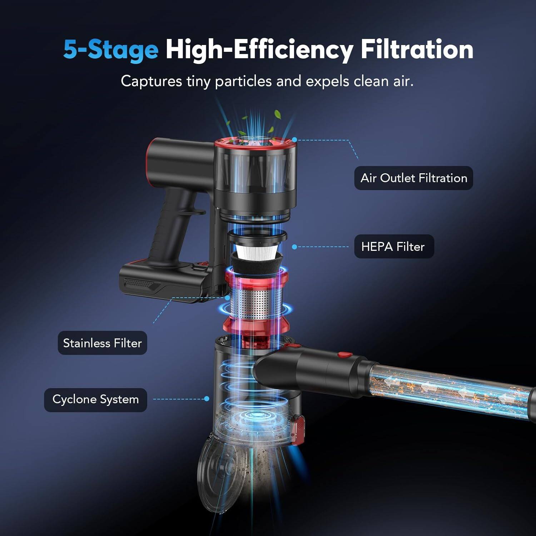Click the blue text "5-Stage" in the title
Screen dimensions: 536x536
tap(111, 49)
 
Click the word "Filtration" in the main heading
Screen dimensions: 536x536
tap(417, 49)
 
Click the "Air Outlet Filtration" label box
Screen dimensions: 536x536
tap(413, 178)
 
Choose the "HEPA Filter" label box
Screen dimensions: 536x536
tap(394, 247)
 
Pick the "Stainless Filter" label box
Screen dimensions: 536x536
tap(103, 343)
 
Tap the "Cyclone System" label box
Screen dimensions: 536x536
tap(95, 399)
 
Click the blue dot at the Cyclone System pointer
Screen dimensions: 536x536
tap(207, 399)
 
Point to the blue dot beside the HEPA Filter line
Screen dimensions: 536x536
tap(294, 247)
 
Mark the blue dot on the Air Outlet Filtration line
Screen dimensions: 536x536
tap(294, 140)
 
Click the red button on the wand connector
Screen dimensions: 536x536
tap(345, 355)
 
